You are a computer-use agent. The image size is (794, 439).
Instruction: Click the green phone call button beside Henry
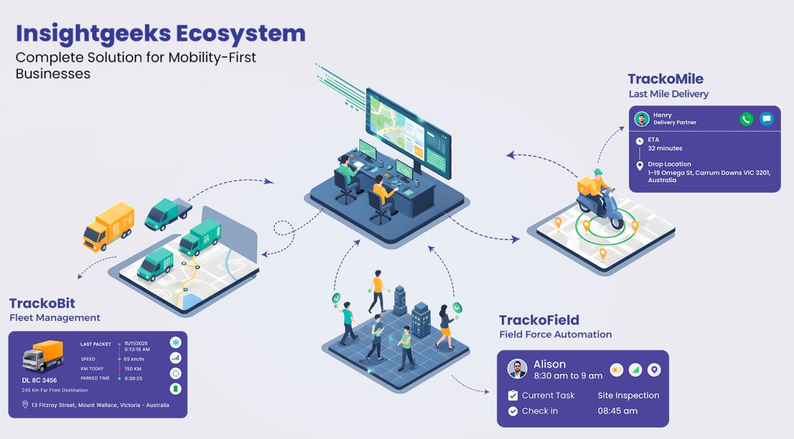(x=746, y=119)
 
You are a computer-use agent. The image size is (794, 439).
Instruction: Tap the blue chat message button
(x=767, y=119)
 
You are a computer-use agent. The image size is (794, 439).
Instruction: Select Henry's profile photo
(x=642, y=119)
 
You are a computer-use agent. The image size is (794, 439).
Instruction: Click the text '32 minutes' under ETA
(x=665, y=148)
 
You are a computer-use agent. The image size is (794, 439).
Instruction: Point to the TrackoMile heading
(x=665, y=79)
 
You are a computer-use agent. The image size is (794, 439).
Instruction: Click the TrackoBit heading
(x=42, y=303)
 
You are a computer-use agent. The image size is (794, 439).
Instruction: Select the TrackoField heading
(x=539, y=320)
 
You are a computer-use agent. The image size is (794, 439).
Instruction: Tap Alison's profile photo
(x=517, y=369)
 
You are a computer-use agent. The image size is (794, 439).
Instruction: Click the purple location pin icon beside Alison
(x=654, y=370)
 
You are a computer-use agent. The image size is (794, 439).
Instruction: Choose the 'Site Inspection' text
(x=628, y=396)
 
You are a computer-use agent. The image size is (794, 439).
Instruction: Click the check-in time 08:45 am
(x=618, y=411)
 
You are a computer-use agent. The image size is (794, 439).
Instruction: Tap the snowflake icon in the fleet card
(x=176, y=342)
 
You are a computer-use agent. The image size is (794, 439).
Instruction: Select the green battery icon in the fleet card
(x=176, y=389)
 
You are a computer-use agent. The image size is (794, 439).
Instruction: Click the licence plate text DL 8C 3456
(x=39, y=380)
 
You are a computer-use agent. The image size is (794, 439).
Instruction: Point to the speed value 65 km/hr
(x=134, y=359)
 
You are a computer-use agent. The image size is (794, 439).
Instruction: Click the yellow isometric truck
(x=108, y=226)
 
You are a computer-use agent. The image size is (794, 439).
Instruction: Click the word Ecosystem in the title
(x=241, y=33)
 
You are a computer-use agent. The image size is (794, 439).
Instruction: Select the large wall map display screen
(x=408, y=134)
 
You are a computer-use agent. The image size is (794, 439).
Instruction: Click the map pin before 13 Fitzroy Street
(x=25, y=405)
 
